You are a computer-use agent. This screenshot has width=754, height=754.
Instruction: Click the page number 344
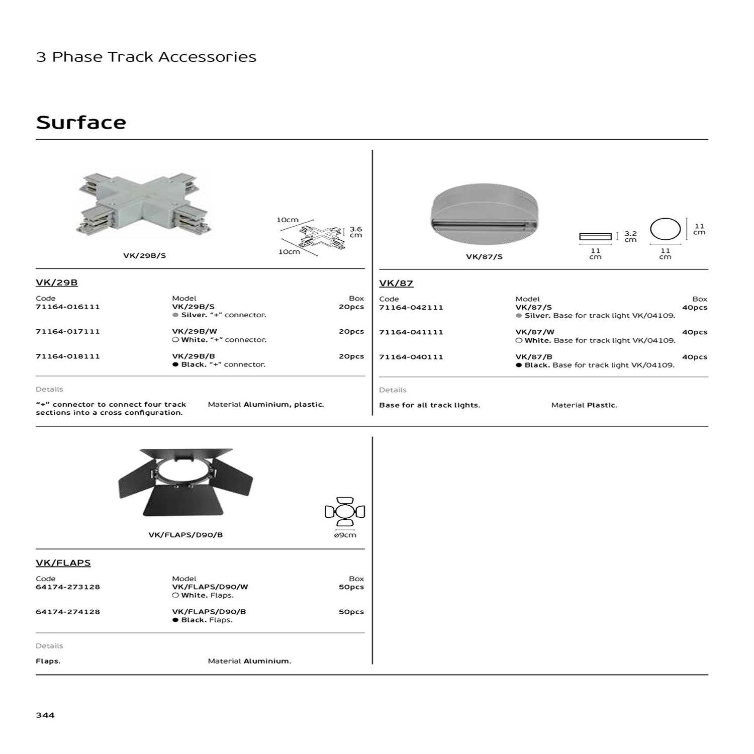click(45, 715)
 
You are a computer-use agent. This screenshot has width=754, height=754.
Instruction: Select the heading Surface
click(81, 123)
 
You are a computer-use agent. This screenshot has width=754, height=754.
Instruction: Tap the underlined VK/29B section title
click(57, 282)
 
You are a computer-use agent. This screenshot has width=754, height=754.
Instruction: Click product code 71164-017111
click(68, 331)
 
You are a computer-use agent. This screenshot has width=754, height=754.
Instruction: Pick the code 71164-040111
click(411, 357)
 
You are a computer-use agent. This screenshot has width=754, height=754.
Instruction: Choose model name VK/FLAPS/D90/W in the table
click(210, 587)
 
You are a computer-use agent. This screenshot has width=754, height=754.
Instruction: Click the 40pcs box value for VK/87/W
click(694, 332)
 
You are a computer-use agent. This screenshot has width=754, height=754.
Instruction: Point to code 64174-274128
click(68, 612)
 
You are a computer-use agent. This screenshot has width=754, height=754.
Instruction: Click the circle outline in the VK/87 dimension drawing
click(665, 229)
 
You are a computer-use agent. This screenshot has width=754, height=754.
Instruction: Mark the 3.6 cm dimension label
click(355, 232)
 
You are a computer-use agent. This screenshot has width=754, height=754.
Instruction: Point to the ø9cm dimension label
click(345, 535)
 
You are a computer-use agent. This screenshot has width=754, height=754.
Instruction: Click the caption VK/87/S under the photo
click(484, 257)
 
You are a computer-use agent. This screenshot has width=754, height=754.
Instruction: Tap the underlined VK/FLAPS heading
click(63, 563)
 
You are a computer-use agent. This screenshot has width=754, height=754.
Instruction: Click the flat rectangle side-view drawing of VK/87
click(595, 236)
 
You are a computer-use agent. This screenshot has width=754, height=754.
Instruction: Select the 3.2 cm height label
click(630, 237)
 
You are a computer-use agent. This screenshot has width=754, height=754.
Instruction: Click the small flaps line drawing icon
click(345, 512)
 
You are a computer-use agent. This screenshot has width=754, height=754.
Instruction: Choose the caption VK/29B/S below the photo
click(144, 256)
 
